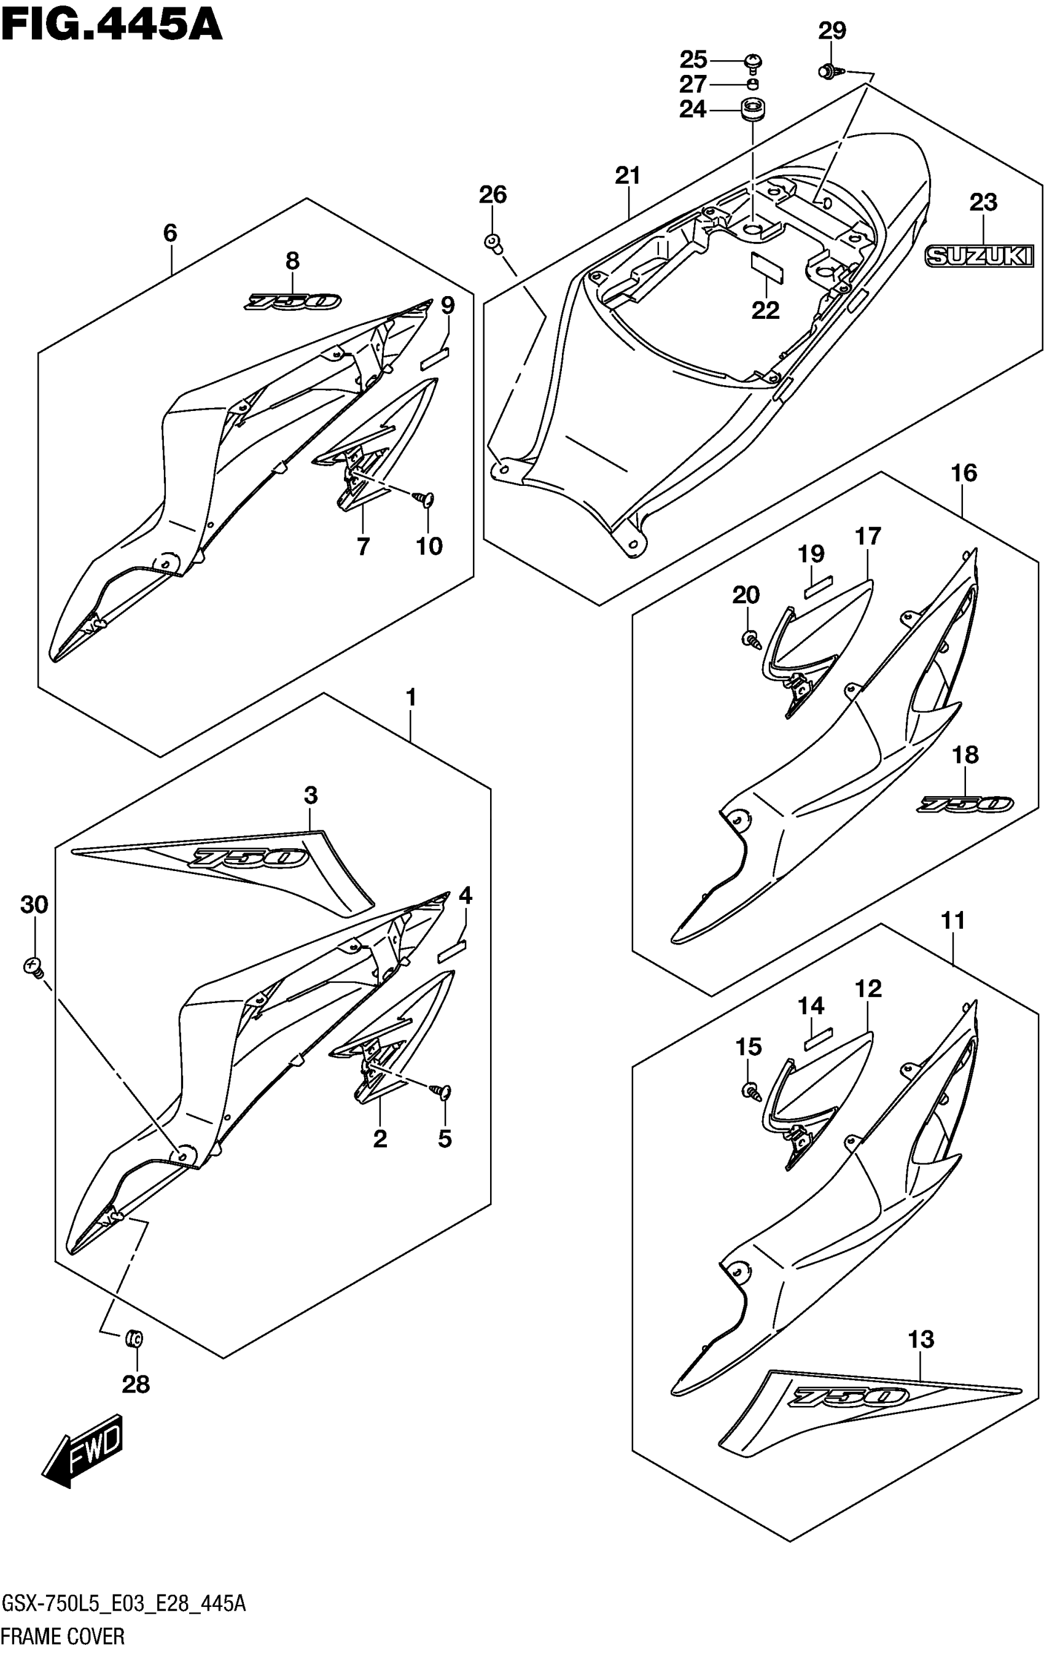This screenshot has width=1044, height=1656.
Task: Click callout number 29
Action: tap(832, 31)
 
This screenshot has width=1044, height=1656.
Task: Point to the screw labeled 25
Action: tap(753, 61)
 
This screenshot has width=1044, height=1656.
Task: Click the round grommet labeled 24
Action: tap(753, 109)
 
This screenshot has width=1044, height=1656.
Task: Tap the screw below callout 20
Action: tap(750, 638)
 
